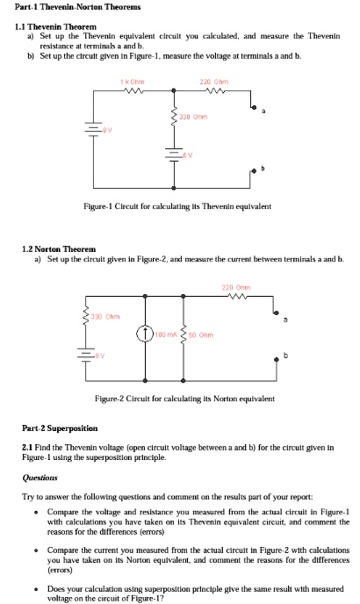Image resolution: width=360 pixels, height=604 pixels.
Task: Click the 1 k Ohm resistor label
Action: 134,83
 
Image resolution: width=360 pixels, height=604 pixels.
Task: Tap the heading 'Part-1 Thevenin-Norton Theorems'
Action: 69,6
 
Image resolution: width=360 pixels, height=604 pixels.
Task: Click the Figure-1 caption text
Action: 176,206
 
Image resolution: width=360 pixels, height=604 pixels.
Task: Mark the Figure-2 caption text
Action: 184,398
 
